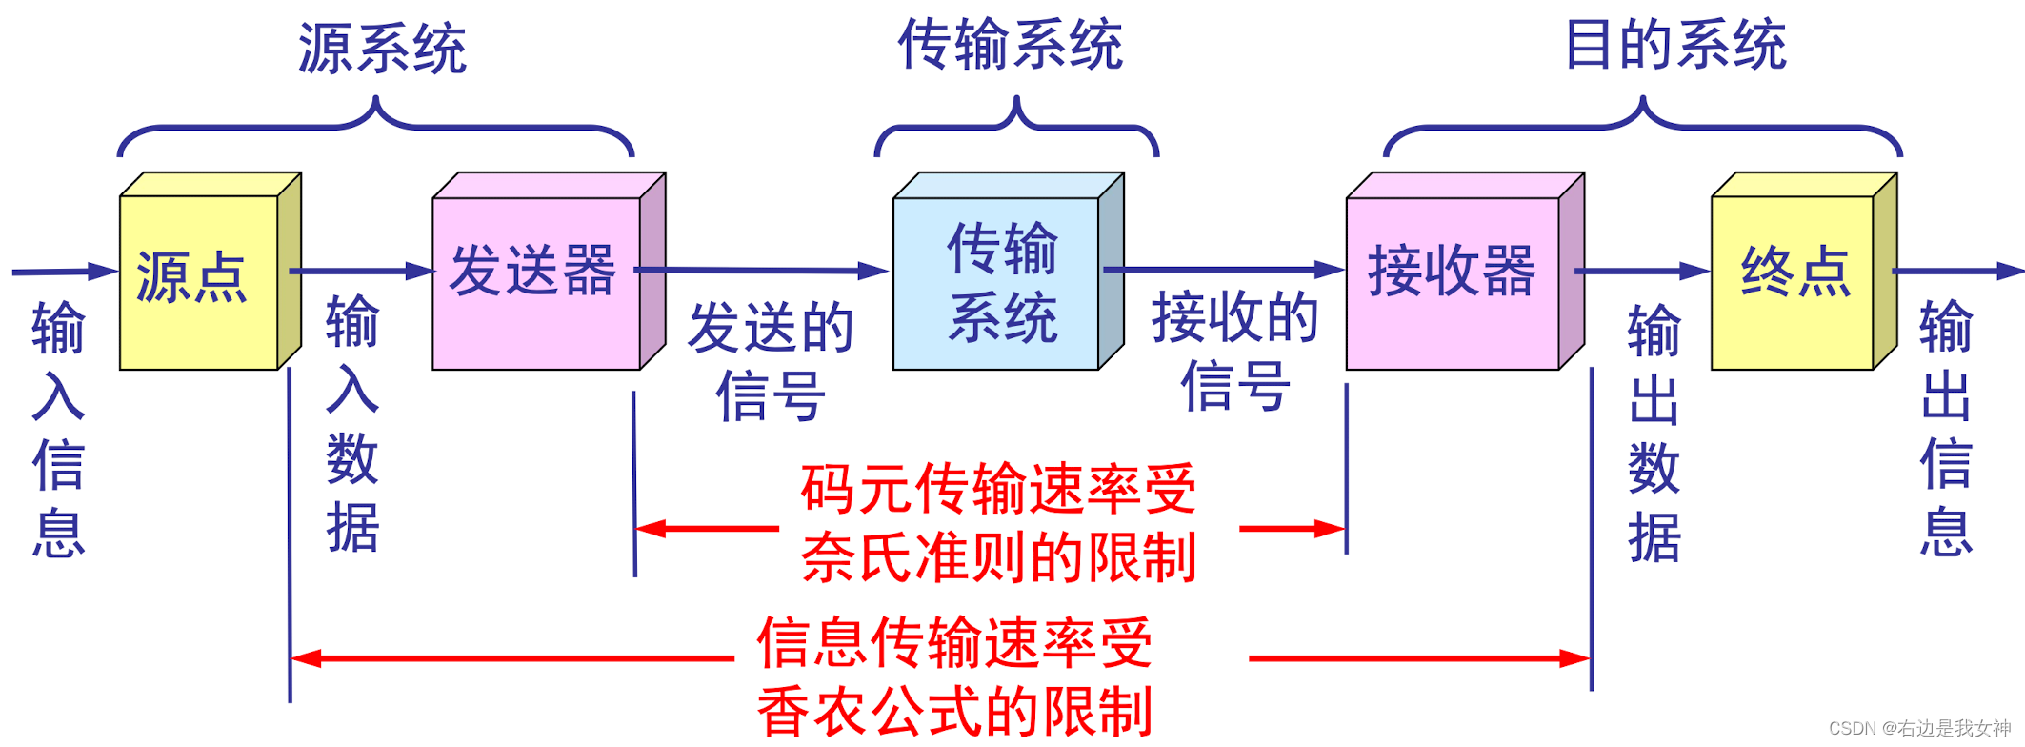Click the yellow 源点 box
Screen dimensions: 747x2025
(198, 281)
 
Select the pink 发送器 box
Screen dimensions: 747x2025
(536, 282)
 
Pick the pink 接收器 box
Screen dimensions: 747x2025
(1453, 282)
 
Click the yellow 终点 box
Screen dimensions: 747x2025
(1793, 281)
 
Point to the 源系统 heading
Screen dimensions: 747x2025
(382, 48)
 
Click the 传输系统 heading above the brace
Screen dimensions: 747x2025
(1011, 45)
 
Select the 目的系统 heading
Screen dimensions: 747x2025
(1675, 45)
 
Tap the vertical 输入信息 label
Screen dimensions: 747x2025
(58, 429)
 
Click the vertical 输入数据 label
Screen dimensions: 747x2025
(352, 424)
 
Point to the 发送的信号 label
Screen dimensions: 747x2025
(771, 362)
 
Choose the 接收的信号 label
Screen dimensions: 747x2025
(1235, 353)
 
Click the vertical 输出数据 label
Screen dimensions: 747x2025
(1654, 434)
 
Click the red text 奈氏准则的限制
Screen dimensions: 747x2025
(998, 557)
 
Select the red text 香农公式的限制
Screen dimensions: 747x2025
(954, 712)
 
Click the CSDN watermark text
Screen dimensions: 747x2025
(1919, 729)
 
